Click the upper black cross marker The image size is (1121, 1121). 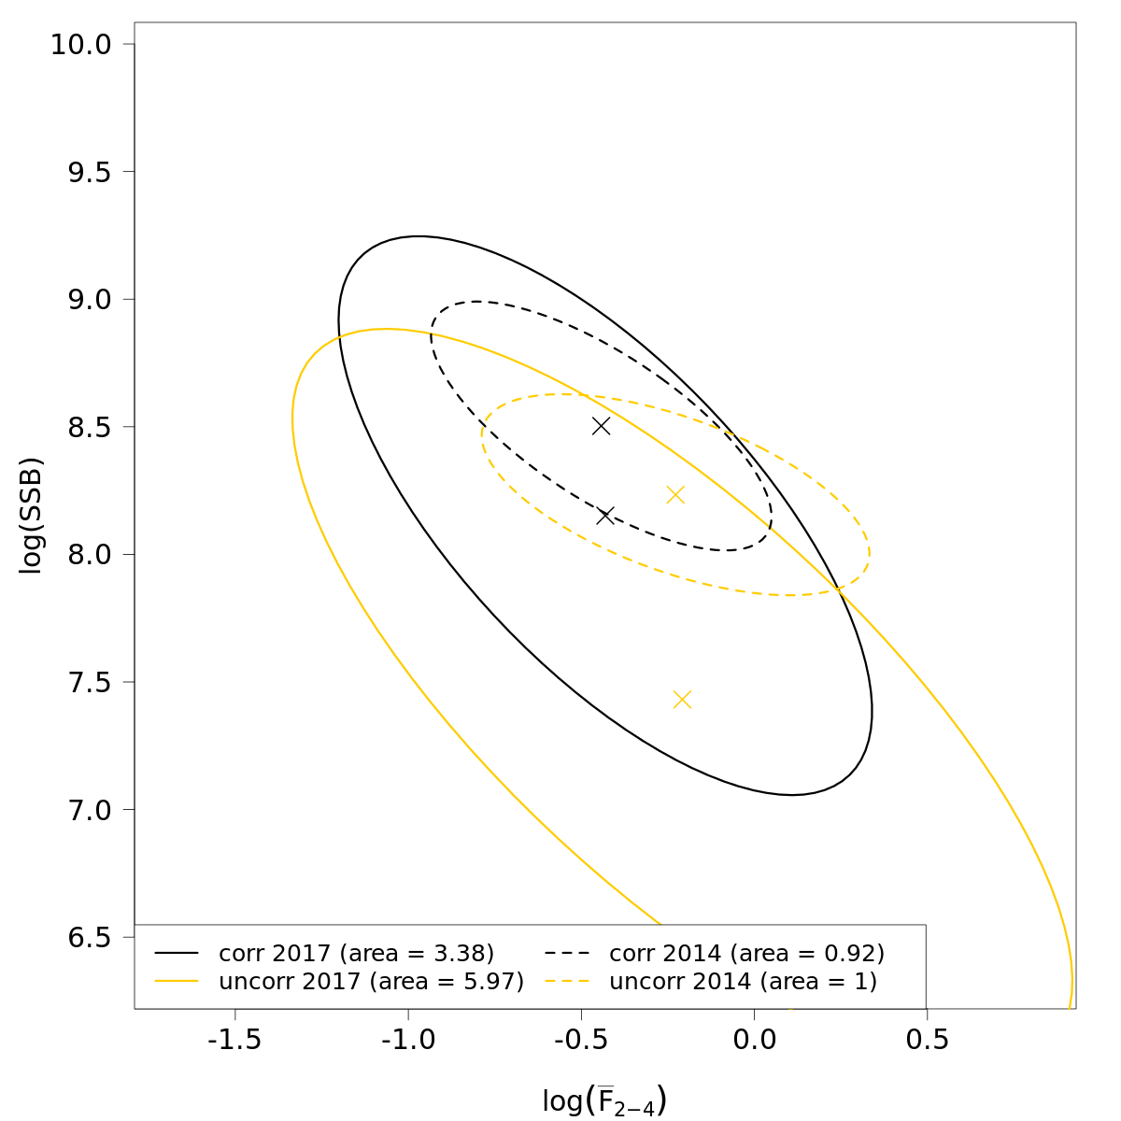point(601,426)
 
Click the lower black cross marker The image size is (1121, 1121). point(605,516)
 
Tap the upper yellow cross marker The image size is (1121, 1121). point(675,495)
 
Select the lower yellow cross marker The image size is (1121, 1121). point(682,700)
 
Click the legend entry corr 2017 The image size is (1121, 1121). point(356,954)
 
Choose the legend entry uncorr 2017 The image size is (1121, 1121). point(371,982)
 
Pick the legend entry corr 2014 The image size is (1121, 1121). point(746,954)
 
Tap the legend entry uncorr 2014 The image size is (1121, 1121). point(743,982)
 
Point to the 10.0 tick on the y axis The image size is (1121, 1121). point(80,45)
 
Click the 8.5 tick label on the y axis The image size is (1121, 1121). point(90,428)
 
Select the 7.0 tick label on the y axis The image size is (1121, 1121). point(90,810)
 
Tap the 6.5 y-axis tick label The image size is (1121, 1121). point(90,938)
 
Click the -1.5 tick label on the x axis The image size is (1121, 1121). point(234,1041)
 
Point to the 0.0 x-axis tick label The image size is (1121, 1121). point(753,1041)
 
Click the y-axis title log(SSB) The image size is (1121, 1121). point(32,516)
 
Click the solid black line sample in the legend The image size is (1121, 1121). point(177,954)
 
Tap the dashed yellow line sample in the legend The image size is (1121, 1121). point(567,982)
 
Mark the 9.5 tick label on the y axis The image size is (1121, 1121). point(90,173)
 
